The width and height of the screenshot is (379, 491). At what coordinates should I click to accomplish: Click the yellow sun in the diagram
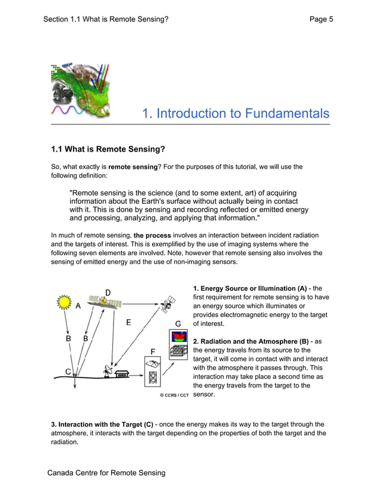(x=64, y=303)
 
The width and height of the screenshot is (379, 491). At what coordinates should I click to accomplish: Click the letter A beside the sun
(x=78, y=306)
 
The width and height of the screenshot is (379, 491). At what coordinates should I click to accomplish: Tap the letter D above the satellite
(x=108, y=292)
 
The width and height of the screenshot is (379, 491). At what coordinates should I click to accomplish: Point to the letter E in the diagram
(x=129, y=323)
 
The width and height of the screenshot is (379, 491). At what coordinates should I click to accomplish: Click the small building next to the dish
(x=123, y=374)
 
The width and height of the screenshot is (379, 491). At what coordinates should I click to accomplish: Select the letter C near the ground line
(x=69, y=372)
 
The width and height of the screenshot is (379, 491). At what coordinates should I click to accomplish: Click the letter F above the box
(x=153, y=351)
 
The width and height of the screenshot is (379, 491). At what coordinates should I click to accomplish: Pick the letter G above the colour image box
(x=178, y=323)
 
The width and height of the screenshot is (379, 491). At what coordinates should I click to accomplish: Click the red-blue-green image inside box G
(x=178, y=338)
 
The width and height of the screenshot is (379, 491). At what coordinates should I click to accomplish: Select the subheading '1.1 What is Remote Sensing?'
(x=108, y=149)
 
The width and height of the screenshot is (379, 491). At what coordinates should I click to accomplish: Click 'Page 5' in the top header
(x=321, y=19)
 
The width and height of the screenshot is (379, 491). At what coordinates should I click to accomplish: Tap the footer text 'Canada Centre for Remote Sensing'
(x=106, y=473)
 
